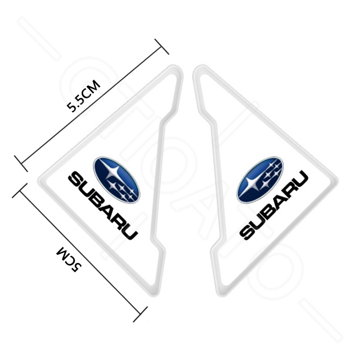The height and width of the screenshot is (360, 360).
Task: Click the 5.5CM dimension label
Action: point(84,96)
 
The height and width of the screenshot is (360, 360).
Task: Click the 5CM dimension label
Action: point(69,259)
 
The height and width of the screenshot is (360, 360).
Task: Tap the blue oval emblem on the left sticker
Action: point(117,180)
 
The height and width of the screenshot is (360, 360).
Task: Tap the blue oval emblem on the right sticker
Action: point(260,180)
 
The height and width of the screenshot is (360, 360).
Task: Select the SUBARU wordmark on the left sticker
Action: point(103,206)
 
